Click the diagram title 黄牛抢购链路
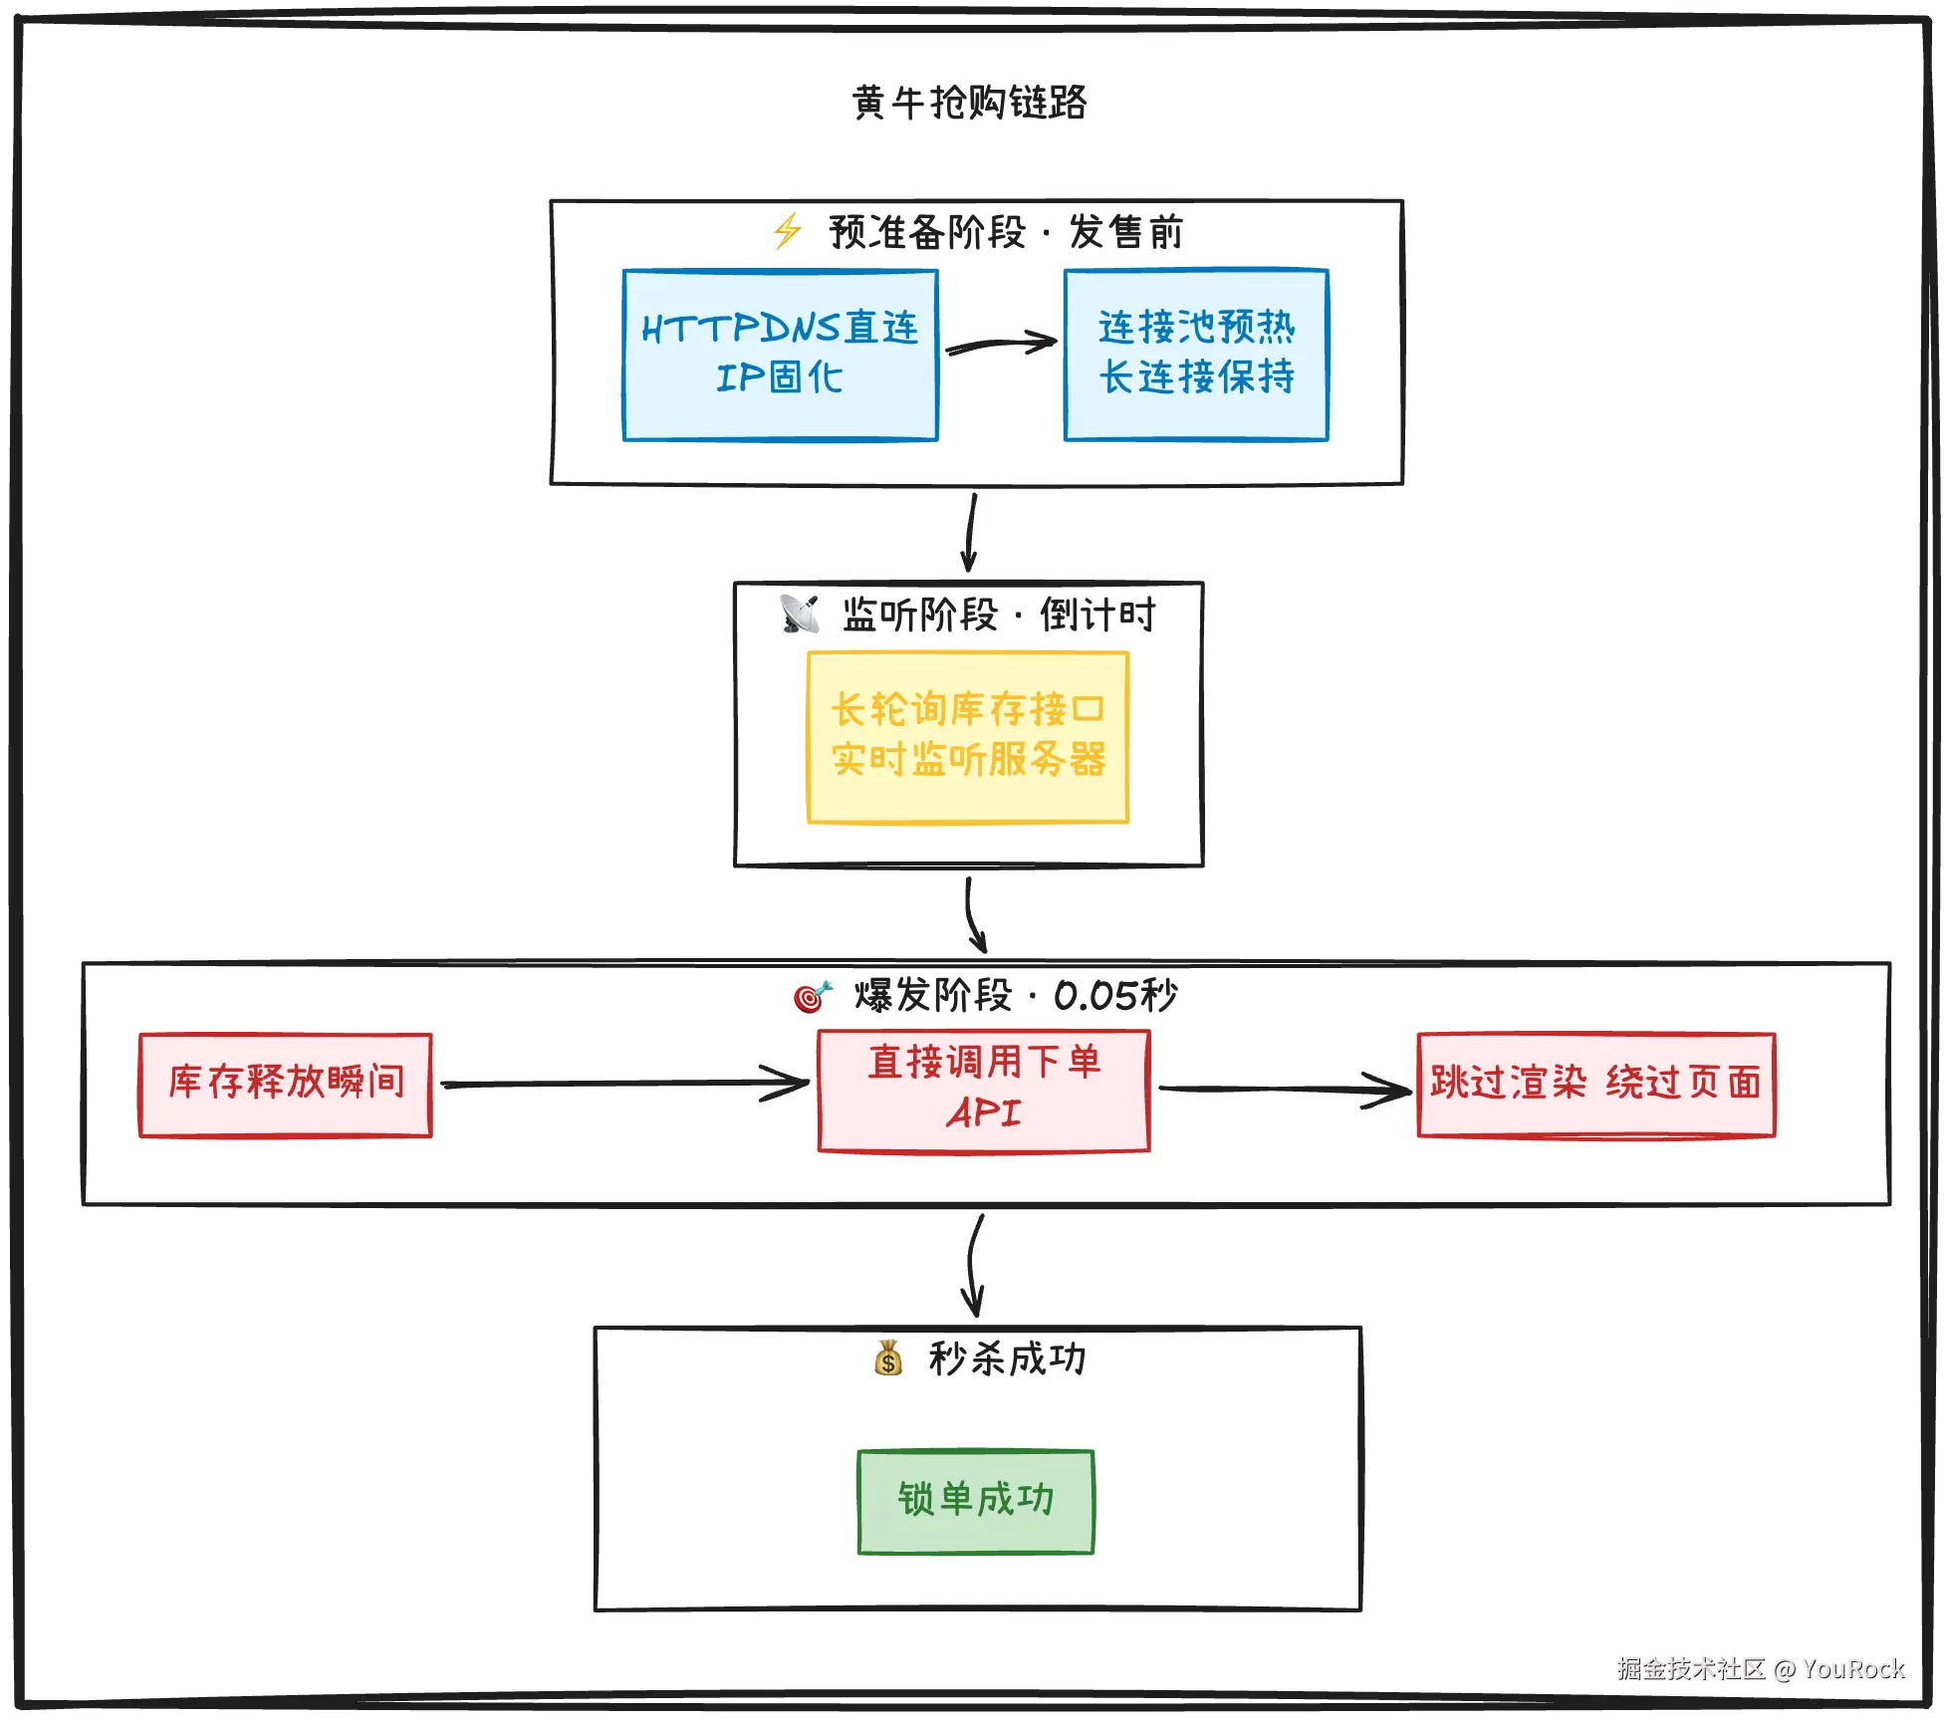tap(969, 103)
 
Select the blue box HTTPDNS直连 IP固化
tap(780, 355)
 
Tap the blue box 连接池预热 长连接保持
tap(1196, 355)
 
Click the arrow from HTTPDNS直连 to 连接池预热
tap(1000, 345)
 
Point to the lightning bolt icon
tap(788, 231)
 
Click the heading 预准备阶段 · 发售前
tap(1006, 232)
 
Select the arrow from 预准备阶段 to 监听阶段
tap(970, 533)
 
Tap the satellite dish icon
tap(800, 614)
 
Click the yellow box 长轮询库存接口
tap(968, 737)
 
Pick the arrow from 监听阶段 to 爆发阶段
tap(973, 914)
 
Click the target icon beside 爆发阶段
tap(812, 995)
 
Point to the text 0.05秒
tap(1115, 995)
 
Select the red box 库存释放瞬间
tap(286, 1084)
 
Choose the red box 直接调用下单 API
tap(984, 1091)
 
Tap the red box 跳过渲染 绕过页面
tap(1596, 1084)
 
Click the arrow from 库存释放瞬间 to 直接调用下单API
tap(624, 1084)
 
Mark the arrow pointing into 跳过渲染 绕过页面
tap(1285, 1090)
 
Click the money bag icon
tap(887, 1358)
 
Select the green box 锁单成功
tap(976, 1501)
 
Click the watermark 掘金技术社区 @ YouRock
tap(1761, 1668)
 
